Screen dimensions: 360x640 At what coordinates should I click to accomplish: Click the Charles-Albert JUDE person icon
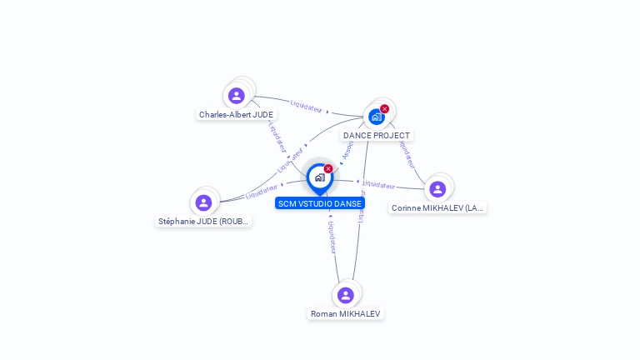click(x=237, y=96)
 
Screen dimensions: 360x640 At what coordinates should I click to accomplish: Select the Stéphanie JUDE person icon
click(x=203, y=202)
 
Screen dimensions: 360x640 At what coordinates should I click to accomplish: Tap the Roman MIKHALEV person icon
click(x=346, y=295)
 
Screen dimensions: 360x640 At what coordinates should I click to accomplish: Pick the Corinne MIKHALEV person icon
click(x=437, y=189)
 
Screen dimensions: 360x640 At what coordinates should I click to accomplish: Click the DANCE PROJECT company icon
click(x=377, y=117)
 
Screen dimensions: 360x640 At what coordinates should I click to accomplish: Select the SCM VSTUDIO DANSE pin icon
click(x=319, y=177)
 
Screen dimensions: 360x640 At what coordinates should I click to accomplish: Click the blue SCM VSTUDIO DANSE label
click(x=320, y=203)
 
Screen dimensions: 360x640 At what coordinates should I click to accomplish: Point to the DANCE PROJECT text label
click(x=377, y=135)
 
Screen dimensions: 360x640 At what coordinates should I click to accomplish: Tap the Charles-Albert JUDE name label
click(x=236, y=114)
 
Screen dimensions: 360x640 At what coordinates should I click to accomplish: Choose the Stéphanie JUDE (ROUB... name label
click(x=204, y=222)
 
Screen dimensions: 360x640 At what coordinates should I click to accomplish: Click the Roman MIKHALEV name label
click(x=346, y=314)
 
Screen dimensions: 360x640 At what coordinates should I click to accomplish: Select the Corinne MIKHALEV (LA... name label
click(x=437, y=207)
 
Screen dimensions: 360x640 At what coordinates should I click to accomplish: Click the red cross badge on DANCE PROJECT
click(x=384, y=109)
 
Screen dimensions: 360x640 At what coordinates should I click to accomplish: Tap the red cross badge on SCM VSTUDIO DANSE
click(x=328, y=169)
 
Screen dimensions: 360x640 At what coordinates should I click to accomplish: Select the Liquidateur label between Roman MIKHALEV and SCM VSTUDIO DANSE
click(x=332, y=237)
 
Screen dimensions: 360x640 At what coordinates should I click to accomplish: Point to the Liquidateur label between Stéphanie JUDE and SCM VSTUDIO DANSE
click(x=262, y=192)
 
